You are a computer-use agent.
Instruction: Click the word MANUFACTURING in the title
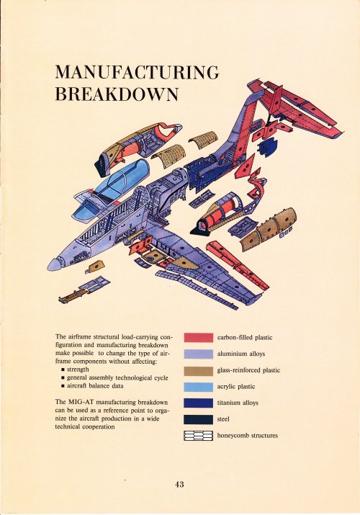pyautogui.click(x=137, y=72)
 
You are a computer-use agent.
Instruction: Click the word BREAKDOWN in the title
pyautogui.click(x=117, y=94)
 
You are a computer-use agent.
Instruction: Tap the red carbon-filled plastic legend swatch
pyautogui.click(x=198, y=338)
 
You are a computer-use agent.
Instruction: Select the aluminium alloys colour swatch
pyautogui.click(x=198, y=354)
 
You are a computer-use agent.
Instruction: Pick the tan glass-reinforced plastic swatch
pyautogui.click(x=198, y=370)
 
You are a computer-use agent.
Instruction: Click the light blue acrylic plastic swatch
pyautogui.click(x=198, y=387)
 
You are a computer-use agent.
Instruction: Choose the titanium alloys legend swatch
pyautogui.click(x=198, y=403)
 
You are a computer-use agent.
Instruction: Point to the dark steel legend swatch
pyautogui.click(x=198, y=419)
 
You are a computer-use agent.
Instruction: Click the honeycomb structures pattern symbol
pyautogui.click(x=198, y=436)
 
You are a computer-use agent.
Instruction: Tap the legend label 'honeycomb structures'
pyautogui.click(x=248, y=436)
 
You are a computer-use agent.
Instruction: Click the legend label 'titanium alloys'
pyautogui.click(x=238, y=403)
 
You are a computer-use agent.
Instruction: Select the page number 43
pyautogui.click(x=179, y=484)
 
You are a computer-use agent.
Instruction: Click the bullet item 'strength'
pyautogui.click(x=78, y=370)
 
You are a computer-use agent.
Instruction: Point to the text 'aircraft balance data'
pyautogui.click(x=95, y=386)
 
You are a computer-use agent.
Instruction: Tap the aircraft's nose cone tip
pyautogui.click(x=48, y=265)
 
